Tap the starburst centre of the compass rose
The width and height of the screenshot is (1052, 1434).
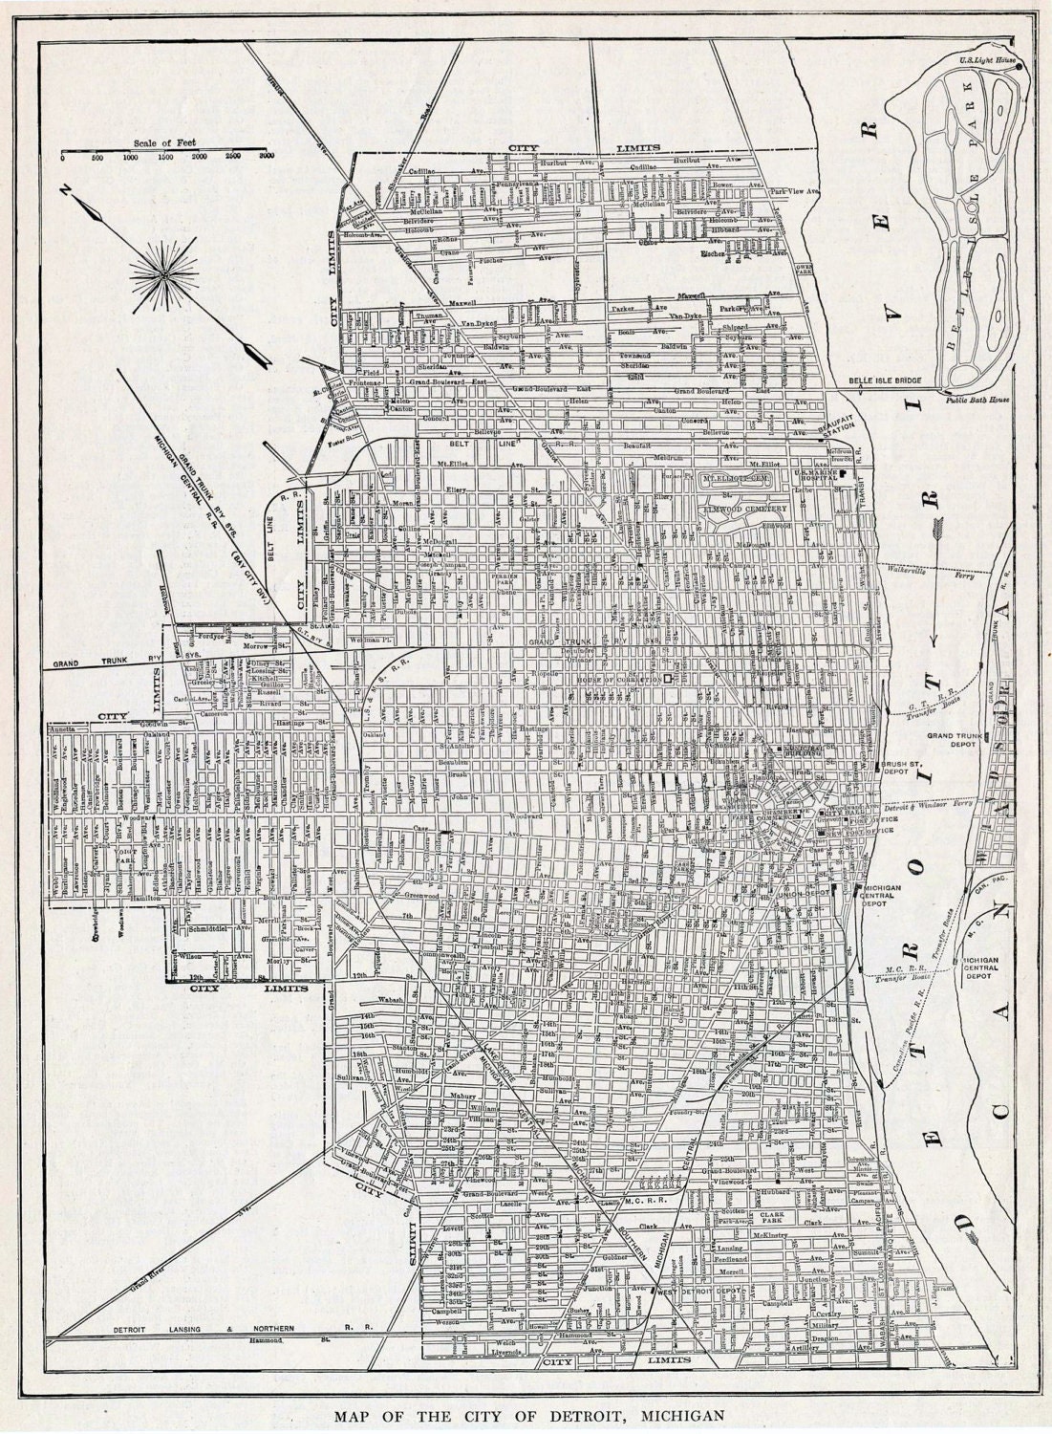(x=163, y=273)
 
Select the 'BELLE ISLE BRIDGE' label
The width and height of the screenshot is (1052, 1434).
(x=885, y=380)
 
